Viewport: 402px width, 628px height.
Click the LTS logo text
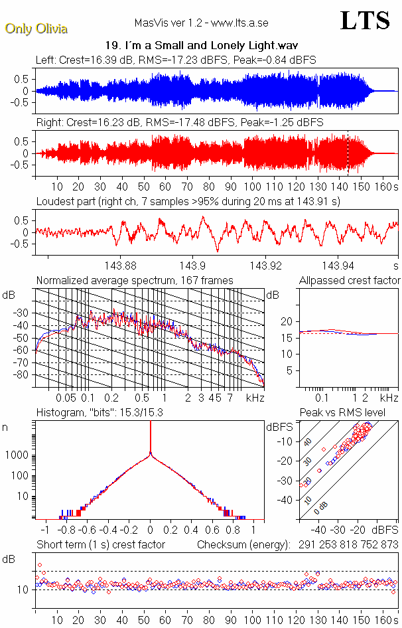click(365, 21)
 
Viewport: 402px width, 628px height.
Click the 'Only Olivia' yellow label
click(36, 29)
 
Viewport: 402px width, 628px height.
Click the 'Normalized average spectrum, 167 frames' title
click(135, 281)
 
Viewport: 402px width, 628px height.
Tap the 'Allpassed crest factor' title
click(350, 281)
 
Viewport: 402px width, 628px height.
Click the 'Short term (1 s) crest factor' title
click(101, 544)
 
